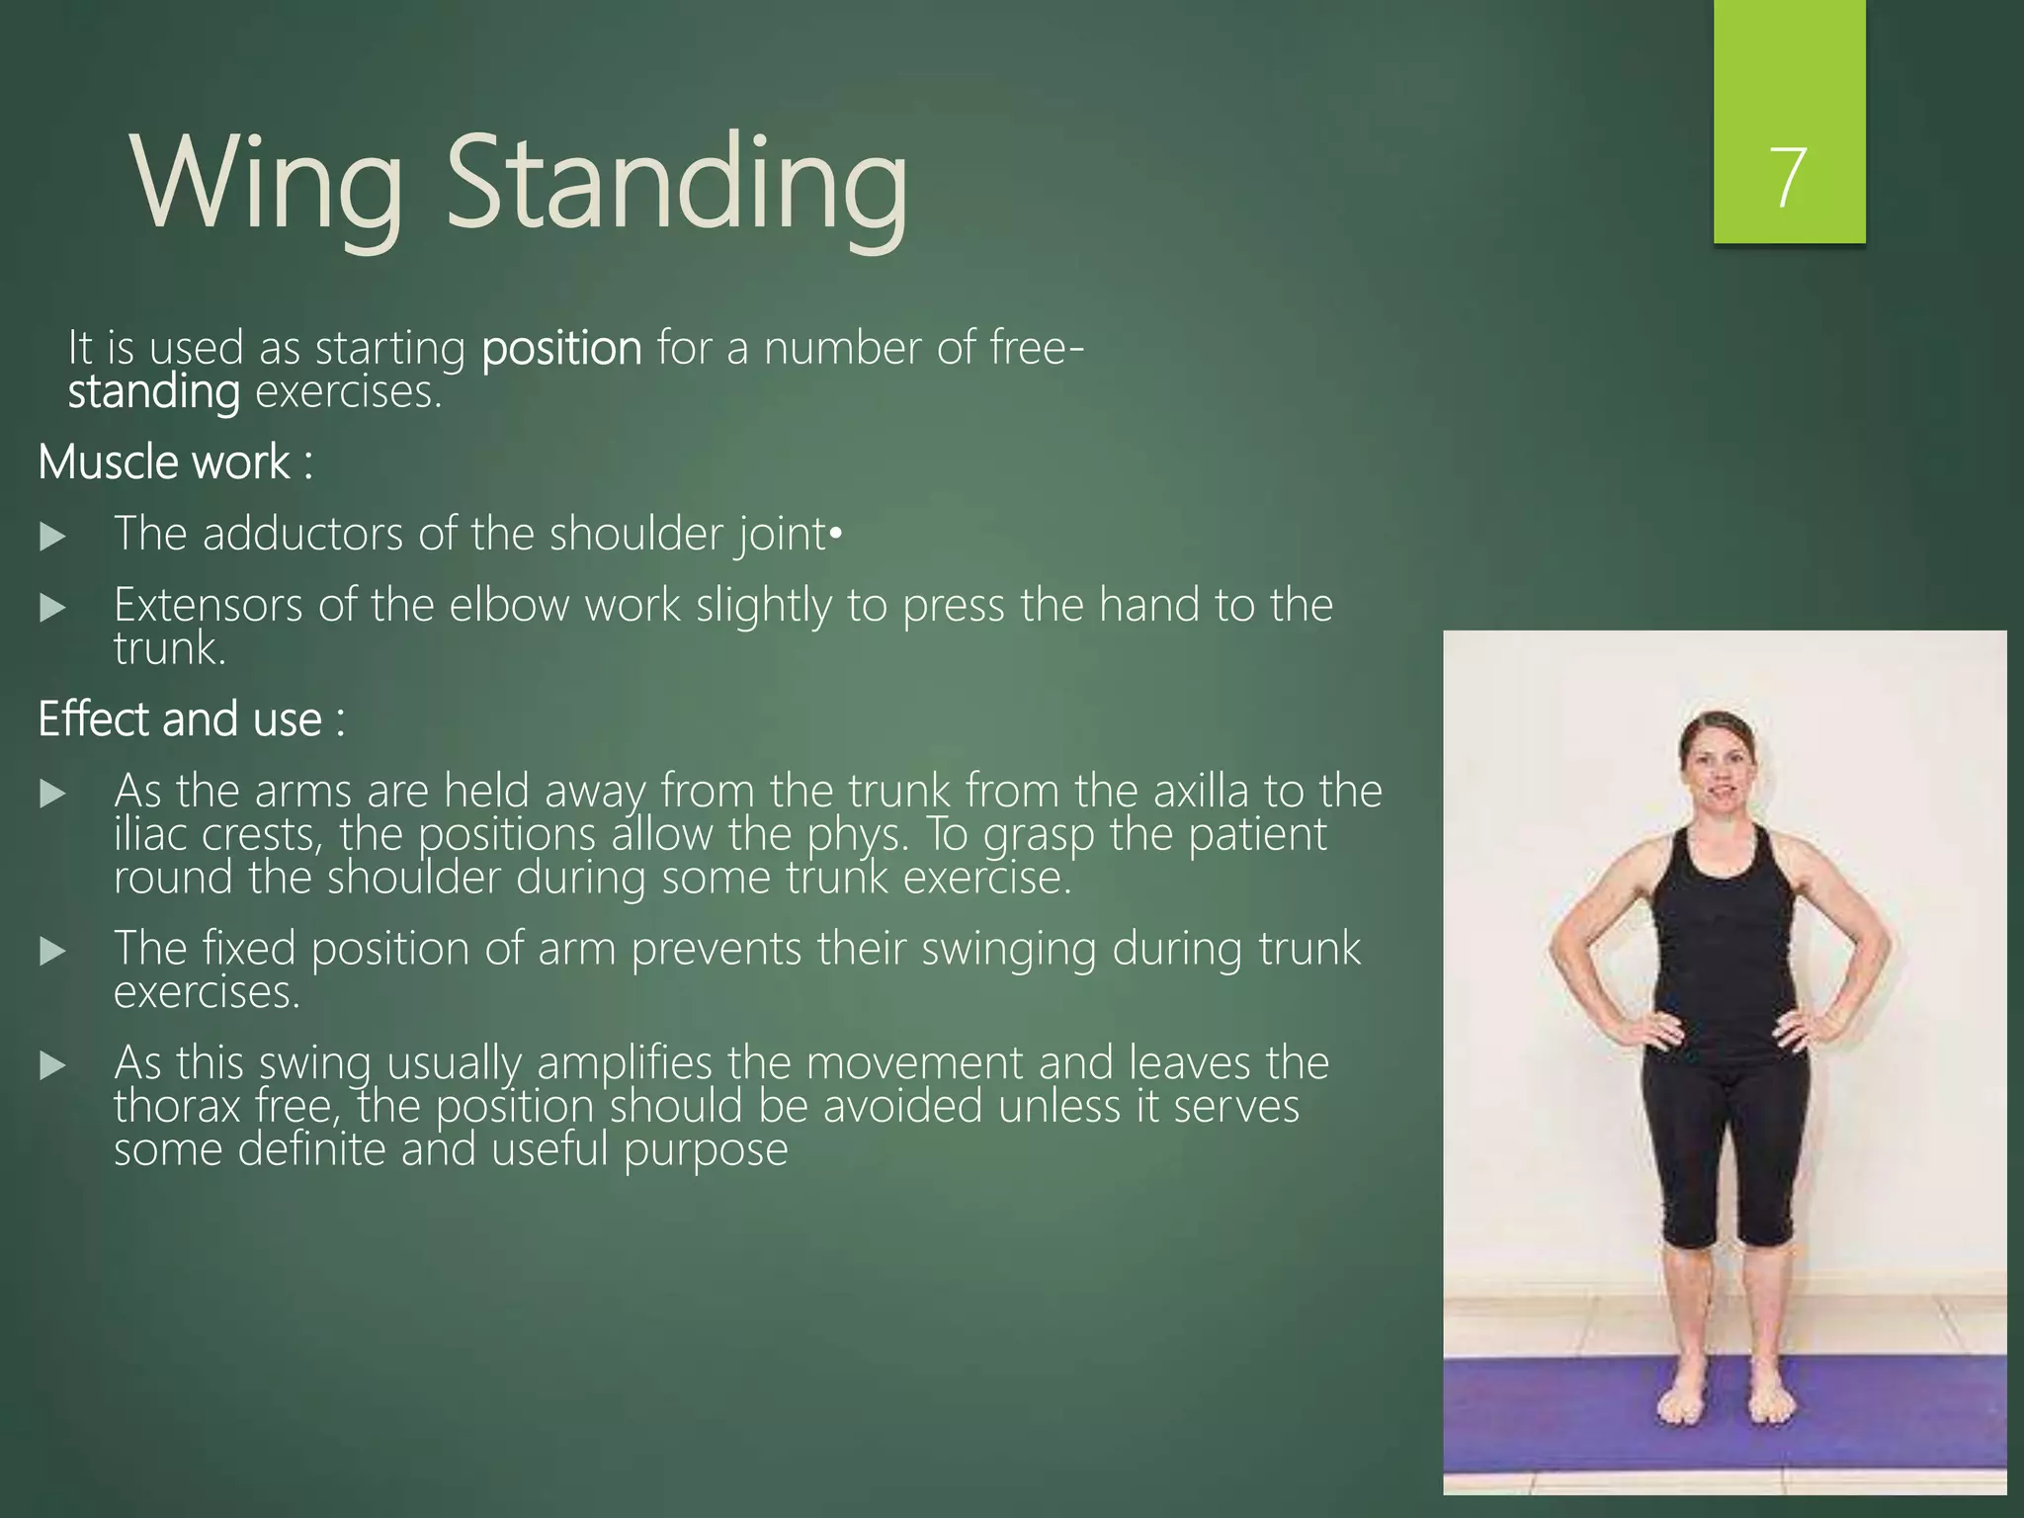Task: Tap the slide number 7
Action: (1789, 178)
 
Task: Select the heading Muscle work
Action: (175, 463)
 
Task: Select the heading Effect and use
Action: (191, 719)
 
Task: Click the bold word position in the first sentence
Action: (561, 349)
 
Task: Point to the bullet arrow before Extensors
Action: (52, 607)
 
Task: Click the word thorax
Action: (177, 1107)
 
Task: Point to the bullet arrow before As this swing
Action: (52, 1065)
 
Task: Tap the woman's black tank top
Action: (1725, 939)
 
